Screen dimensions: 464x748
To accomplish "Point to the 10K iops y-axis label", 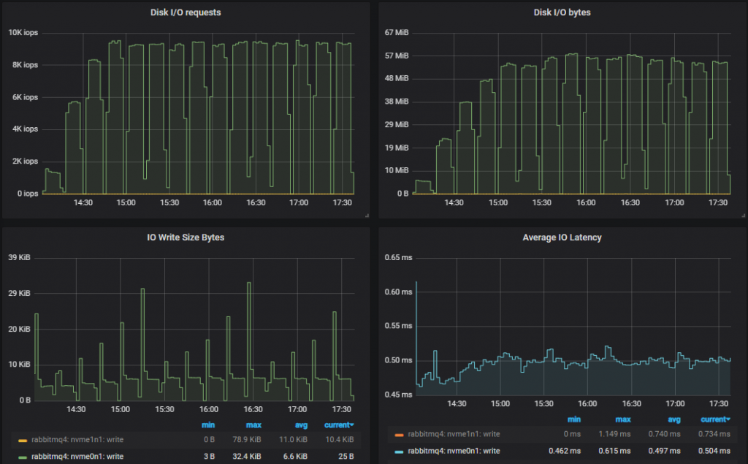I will (23, 32).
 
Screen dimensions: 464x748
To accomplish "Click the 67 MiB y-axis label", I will (399, 32).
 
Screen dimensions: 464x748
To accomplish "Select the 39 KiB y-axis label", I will (19, 257).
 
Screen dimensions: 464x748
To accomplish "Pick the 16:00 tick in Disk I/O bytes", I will (587, 202).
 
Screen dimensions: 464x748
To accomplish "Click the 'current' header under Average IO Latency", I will (715, 419).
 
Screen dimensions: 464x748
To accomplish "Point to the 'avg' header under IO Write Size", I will (301, 425).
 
